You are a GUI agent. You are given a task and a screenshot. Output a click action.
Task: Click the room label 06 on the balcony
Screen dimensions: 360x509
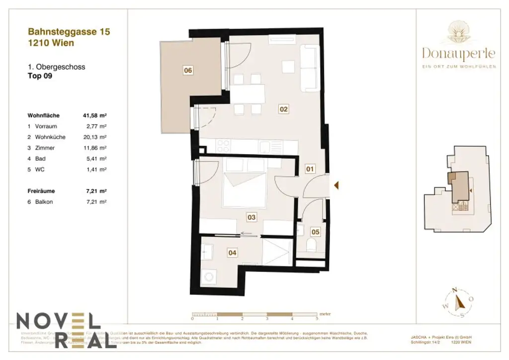(187, 71)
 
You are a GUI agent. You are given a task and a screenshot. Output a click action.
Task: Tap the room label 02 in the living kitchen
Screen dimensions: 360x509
(283, 109)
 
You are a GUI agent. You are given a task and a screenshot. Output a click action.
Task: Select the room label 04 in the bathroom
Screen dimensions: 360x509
(232, 253)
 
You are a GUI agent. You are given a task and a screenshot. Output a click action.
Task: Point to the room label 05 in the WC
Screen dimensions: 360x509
(315, 231)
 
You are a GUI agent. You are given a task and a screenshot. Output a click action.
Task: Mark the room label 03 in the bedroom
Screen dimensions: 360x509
(252, 217)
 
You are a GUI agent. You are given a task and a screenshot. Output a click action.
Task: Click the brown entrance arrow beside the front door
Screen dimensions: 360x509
(337, 186)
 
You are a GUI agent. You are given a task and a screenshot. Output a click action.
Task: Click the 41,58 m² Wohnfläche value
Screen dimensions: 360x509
(94, 115)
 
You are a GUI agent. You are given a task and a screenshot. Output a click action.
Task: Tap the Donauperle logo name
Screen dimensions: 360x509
(458, 52)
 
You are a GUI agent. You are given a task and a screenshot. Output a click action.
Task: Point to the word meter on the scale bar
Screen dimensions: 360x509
(325, 314)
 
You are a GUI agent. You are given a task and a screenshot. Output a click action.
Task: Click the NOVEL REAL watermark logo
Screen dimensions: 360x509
(59, 330)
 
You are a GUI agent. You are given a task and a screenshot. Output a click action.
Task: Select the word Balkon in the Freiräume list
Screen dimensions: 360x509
(44, 201)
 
